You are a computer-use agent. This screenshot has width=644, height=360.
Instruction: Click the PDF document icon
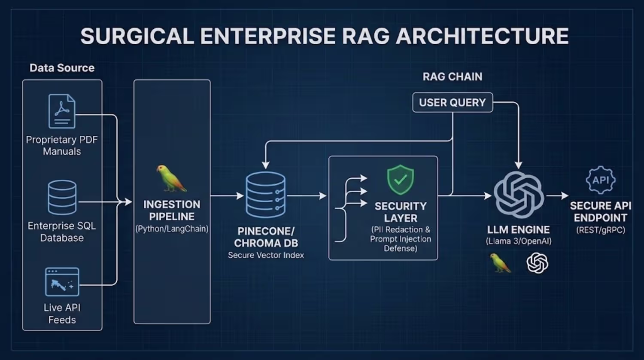[x=62, y=111]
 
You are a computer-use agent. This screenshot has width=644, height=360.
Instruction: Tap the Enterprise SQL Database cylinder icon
[x=62, y=198]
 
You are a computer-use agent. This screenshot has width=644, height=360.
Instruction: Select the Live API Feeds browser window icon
[x=62, y=282]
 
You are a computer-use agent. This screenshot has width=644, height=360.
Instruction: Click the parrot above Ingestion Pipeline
[x=171, y=178]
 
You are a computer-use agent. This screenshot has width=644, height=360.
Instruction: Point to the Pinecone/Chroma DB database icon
[x=266, y=195]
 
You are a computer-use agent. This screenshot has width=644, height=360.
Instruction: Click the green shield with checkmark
[x=401, y=180]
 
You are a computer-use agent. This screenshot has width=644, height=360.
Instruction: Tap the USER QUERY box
[x=453, y=102]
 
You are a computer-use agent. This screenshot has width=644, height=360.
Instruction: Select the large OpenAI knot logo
[x=519, y=195]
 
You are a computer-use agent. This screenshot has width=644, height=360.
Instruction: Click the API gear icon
[x=601, y=180]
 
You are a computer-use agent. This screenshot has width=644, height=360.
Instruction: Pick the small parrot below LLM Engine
[x=500, y=263]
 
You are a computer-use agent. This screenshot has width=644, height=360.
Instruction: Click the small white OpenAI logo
[x=538, y=263]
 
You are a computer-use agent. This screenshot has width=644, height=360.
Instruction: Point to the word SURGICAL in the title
[x=137, y=36]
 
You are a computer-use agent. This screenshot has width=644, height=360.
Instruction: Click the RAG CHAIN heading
[x=453, y=76]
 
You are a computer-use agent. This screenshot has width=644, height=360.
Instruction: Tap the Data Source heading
[x=62, y=68]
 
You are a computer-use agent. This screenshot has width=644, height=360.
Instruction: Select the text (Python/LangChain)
[x=172, y=229]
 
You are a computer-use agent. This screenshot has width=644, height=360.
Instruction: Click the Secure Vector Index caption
[x=266, y=255]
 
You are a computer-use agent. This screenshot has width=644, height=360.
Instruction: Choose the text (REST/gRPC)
[x=601, y=230]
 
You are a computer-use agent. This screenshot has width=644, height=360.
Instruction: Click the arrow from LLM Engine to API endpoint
[x=557, y=196]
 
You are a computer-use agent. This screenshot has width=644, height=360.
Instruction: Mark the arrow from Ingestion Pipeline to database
[x=227, y=196]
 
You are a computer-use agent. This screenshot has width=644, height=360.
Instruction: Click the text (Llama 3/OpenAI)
[x=519, y=241]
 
